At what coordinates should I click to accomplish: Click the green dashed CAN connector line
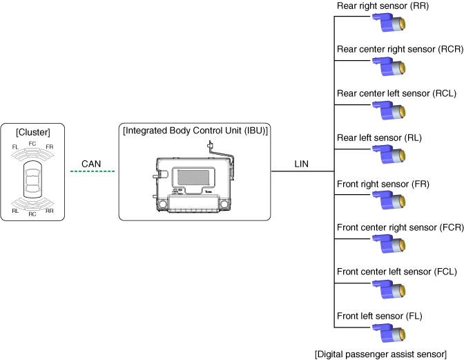[92, 171]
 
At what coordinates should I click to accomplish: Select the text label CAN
[92, 163]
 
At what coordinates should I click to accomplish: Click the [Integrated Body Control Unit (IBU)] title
[195, 130]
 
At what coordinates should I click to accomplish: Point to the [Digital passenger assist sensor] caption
[380, 354]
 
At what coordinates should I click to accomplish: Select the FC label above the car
[32, 143]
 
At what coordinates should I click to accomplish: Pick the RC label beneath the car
[32, 214]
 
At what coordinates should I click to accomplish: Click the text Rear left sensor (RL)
[379, 138]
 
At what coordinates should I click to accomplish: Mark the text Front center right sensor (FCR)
[395, 226]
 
